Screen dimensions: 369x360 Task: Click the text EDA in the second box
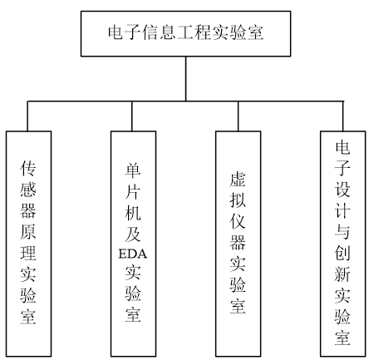133,254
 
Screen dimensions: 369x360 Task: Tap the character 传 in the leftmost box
28,168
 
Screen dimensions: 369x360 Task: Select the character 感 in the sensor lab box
28,190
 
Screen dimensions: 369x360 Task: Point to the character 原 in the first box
28,231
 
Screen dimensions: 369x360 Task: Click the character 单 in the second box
133,170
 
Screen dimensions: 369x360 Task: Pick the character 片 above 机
133,191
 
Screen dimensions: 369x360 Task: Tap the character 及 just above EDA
133,234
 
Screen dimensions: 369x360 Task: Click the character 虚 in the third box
238,179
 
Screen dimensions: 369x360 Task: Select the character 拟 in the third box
238,200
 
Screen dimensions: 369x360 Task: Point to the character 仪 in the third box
238,221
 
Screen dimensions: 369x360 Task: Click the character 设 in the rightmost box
342,190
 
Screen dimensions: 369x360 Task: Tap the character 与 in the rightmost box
342,231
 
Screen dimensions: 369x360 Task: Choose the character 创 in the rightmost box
342,253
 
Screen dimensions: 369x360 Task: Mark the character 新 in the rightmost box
342,274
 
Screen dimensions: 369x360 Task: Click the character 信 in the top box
151,32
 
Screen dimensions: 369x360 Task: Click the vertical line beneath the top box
185,79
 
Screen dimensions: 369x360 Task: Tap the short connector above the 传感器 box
27,116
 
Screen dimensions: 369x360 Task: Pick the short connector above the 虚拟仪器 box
238,116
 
